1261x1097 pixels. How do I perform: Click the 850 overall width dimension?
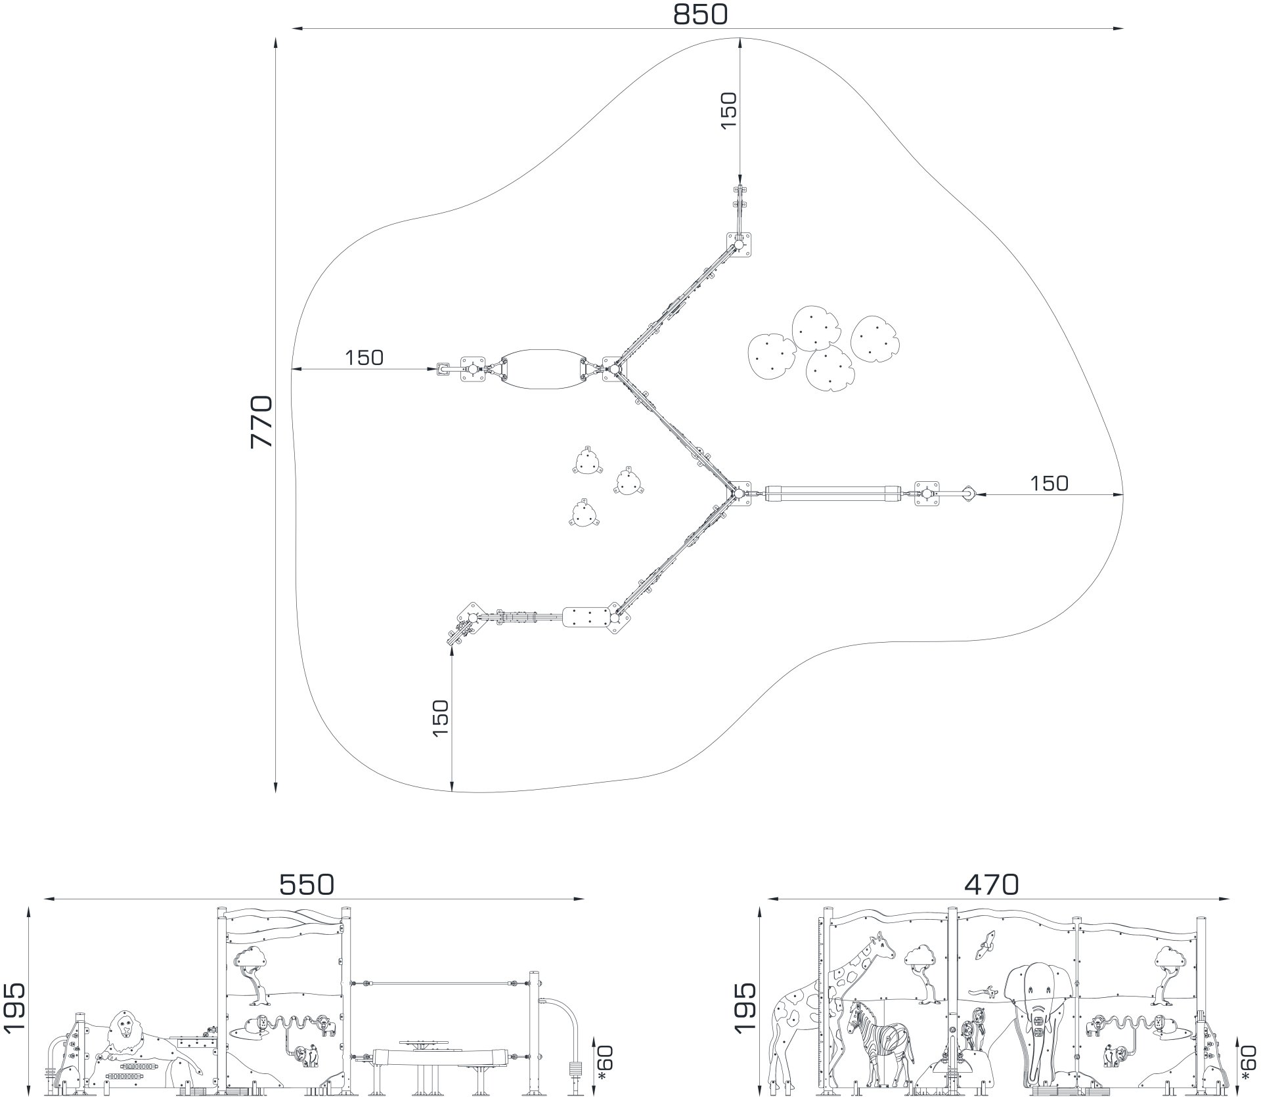pyautogui.click(x=700, y=14)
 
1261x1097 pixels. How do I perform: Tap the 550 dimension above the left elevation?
pyautogui.click(x=307, y=885)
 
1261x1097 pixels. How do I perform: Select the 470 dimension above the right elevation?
pyautogui.click(x=992, y=885)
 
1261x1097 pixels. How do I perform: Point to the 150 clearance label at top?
pyautogui.click(x=729, y=110)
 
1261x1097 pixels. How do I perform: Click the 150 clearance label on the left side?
pyautogui.click(x=364, y=358)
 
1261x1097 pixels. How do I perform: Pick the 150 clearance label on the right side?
pyautogui.click(x=1049, y=483)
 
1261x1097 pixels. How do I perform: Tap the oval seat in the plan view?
pyautogui.click(x=542, y=369)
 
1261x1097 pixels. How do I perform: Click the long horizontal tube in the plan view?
pyautogui.click(x=832, y=493)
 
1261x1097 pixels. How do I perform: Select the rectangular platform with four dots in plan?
pyautogui.click(x=587, y=618)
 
